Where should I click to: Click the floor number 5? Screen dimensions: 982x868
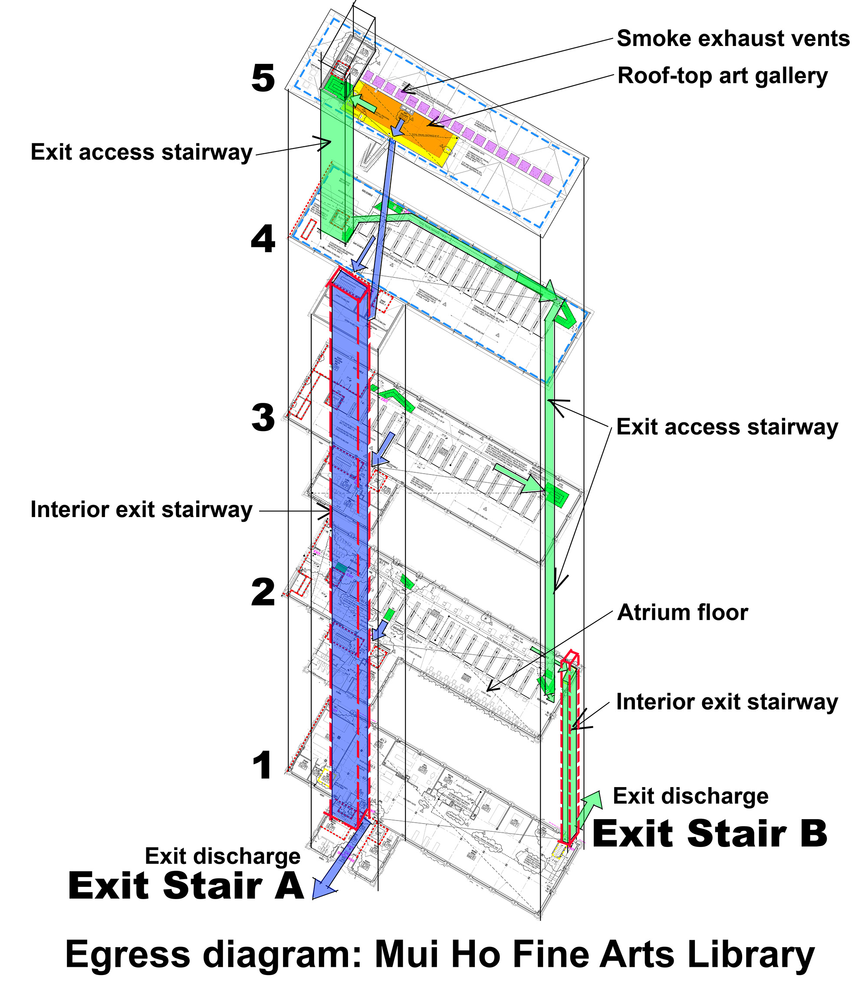coord(263,78)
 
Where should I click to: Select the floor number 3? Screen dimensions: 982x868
coord(263,418)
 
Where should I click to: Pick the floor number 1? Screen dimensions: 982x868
coord(263,765)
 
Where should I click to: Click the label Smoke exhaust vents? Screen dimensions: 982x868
coord(733,39)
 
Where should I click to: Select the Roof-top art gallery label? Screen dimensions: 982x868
coord(723,76)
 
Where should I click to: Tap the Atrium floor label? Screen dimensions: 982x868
coord(682,613)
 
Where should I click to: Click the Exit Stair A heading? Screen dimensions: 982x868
coord(186,886)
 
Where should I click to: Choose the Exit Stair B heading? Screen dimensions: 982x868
coord(710,834)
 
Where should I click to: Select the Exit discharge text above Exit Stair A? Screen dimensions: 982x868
coord(222,856)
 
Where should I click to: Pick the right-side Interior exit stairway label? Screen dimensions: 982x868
coord(727,702)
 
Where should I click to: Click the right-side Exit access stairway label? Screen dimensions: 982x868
coord(727,427)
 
